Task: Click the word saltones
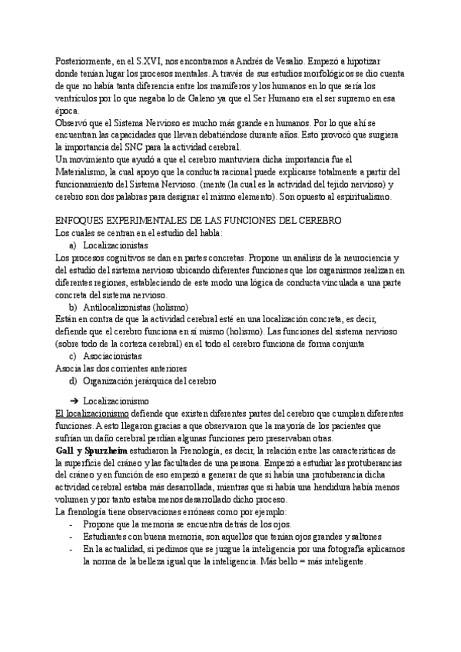click(352, 536)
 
